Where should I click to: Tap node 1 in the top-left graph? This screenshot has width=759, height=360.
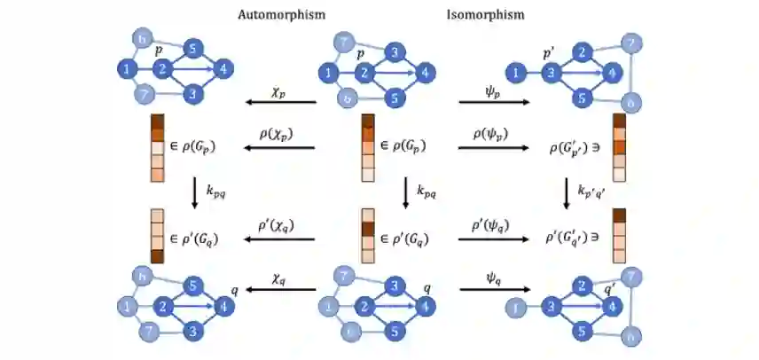[x=129, y=68]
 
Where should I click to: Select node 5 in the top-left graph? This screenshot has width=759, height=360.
[x=193, y=49]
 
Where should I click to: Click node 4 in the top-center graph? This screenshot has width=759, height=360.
[x=427, y=72]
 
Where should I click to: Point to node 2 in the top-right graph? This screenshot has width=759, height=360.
[x=580, y=52]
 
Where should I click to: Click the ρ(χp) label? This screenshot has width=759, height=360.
[x=277, y=134]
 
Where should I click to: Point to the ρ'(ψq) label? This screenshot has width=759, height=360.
[x=492, y=224]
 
